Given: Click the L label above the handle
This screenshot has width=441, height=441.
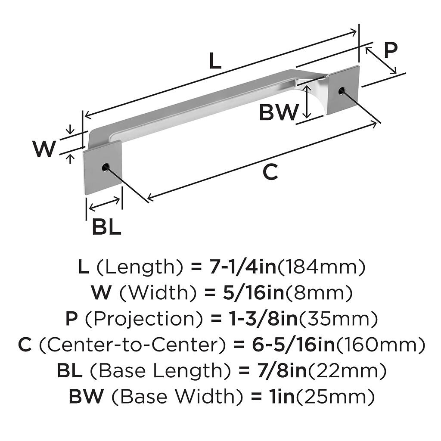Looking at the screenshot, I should [215, 62].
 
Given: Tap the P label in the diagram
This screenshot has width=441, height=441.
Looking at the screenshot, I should [390, 50].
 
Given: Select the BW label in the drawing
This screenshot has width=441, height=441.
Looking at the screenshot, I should [279, 113].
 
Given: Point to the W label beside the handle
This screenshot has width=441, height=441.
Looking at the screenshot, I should [44, 149].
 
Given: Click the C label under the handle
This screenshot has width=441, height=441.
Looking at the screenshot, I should [270, 172].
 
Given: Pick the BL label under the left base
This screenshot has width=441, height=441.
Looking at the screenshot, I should [106, 227].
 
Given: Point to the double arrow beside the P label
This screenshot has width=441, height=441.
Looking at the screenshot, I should [381, 60].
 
